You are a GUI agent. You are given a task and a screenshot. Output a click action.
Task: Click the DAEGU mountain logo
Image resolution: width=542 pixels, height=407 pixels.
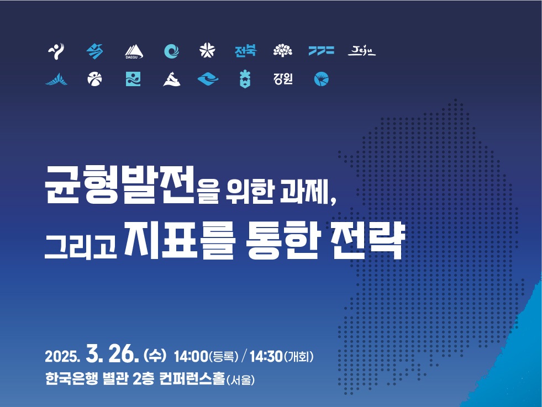coord(134,51)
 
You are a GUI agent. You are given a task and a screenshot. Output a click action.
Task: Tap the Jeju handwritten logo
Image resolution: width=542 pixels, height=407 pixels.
coord(361,51)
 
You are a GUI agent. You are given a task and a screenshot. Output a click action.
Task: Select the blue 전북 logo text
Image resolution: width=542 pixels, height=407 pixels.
coord(245,51)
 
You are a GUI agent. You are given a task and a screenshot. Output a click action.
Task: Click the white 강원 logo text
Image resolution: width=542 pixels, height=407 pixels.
coord(283,79)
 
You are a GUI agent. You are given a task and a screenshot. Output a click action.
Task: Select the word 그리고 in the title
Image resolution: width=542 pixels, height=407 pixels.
coord(81,246)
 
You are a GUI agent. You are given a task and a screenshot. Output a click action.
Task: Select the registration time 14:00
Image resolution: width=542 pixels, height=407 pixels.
coord(191,356)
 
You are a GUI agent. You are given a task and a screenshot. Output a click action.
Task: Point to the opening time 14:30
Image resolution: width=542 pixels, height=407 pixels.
coord(266,356)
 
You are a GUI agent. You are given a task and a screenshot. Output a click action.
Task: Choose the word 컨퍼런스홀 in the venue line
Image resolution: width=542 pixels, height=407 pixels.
coord(192,379)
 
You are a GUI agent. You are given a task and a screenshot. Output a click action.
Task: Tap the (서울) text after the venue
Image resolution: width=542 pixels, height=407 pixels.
coord(240,380)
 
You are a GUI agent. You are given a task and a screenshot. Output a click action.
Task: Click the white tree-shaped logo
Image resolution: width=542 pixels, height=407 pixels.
coord(283,51)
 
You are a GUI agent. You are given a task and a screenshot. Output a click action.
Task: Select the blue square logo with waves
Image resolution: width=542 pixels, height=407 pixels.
coord(133,79)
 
